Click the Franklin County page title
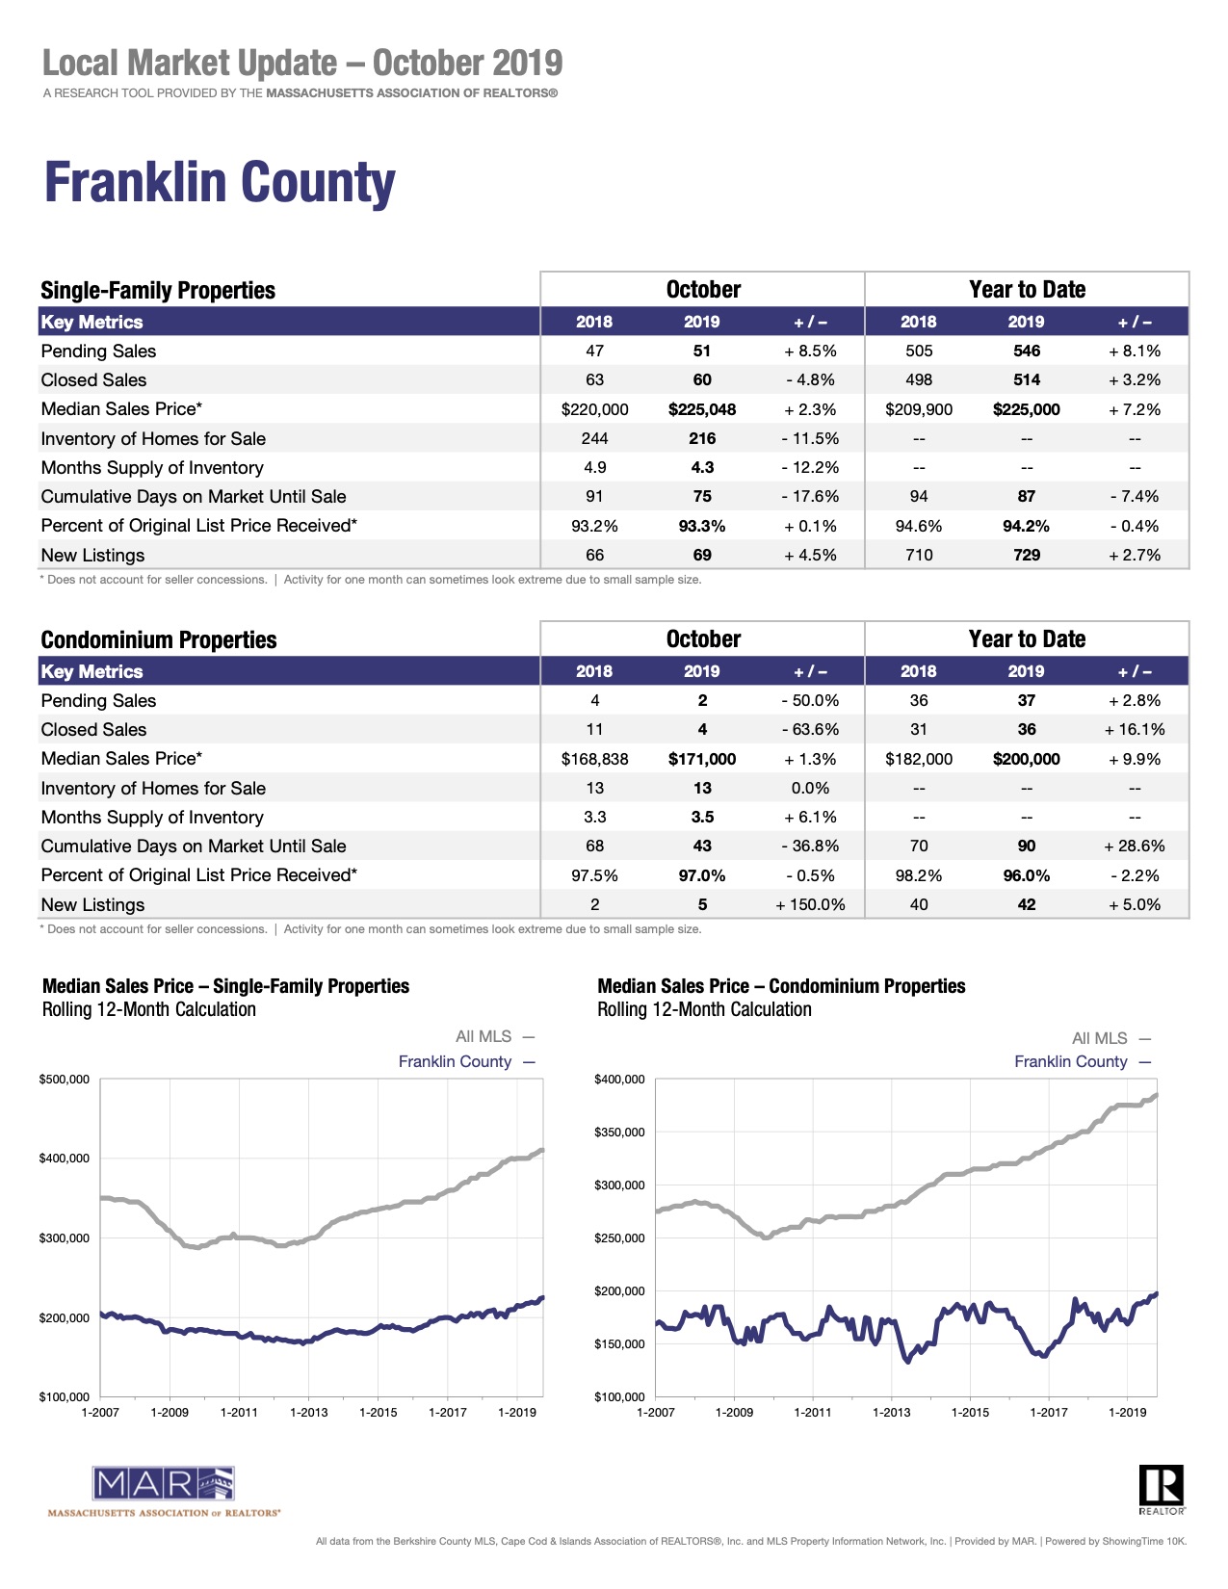click(x=220, y=183)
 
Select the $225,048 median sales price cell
click(x=702, y=409)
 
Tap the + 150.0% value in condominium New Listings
click(x=810, y=904)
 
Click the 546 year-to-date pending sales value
click(x=1026, y=352)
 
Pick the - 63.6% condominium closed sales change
click(x=810, y=730)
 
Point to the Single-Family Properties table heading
click(x=158, y=291)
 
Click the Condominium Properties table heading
click(x=159, y=640)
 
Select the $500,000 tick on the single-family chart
click(x=65, y=1080)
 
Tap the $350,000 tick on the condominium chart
click(x=620, y=1133)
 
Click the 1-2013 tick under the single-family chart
click(x=308, y=1413)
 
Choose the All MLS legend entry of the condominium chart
click(x=1099, y=1038)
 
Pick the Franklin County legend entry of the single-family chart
click(x=455, y=1061)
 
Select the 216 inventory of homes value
click(x=702, y=438)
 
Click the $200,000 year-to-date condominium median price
click(x=1026, y=759)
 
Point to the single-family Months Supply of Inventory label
click(x=152, y=468)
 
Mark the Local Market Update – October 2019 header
click(x=302, y=64)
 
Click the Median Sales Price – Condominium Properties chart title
click(x=781, y=986)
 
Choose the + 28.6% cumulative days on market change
click(x=1134, y=847)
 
